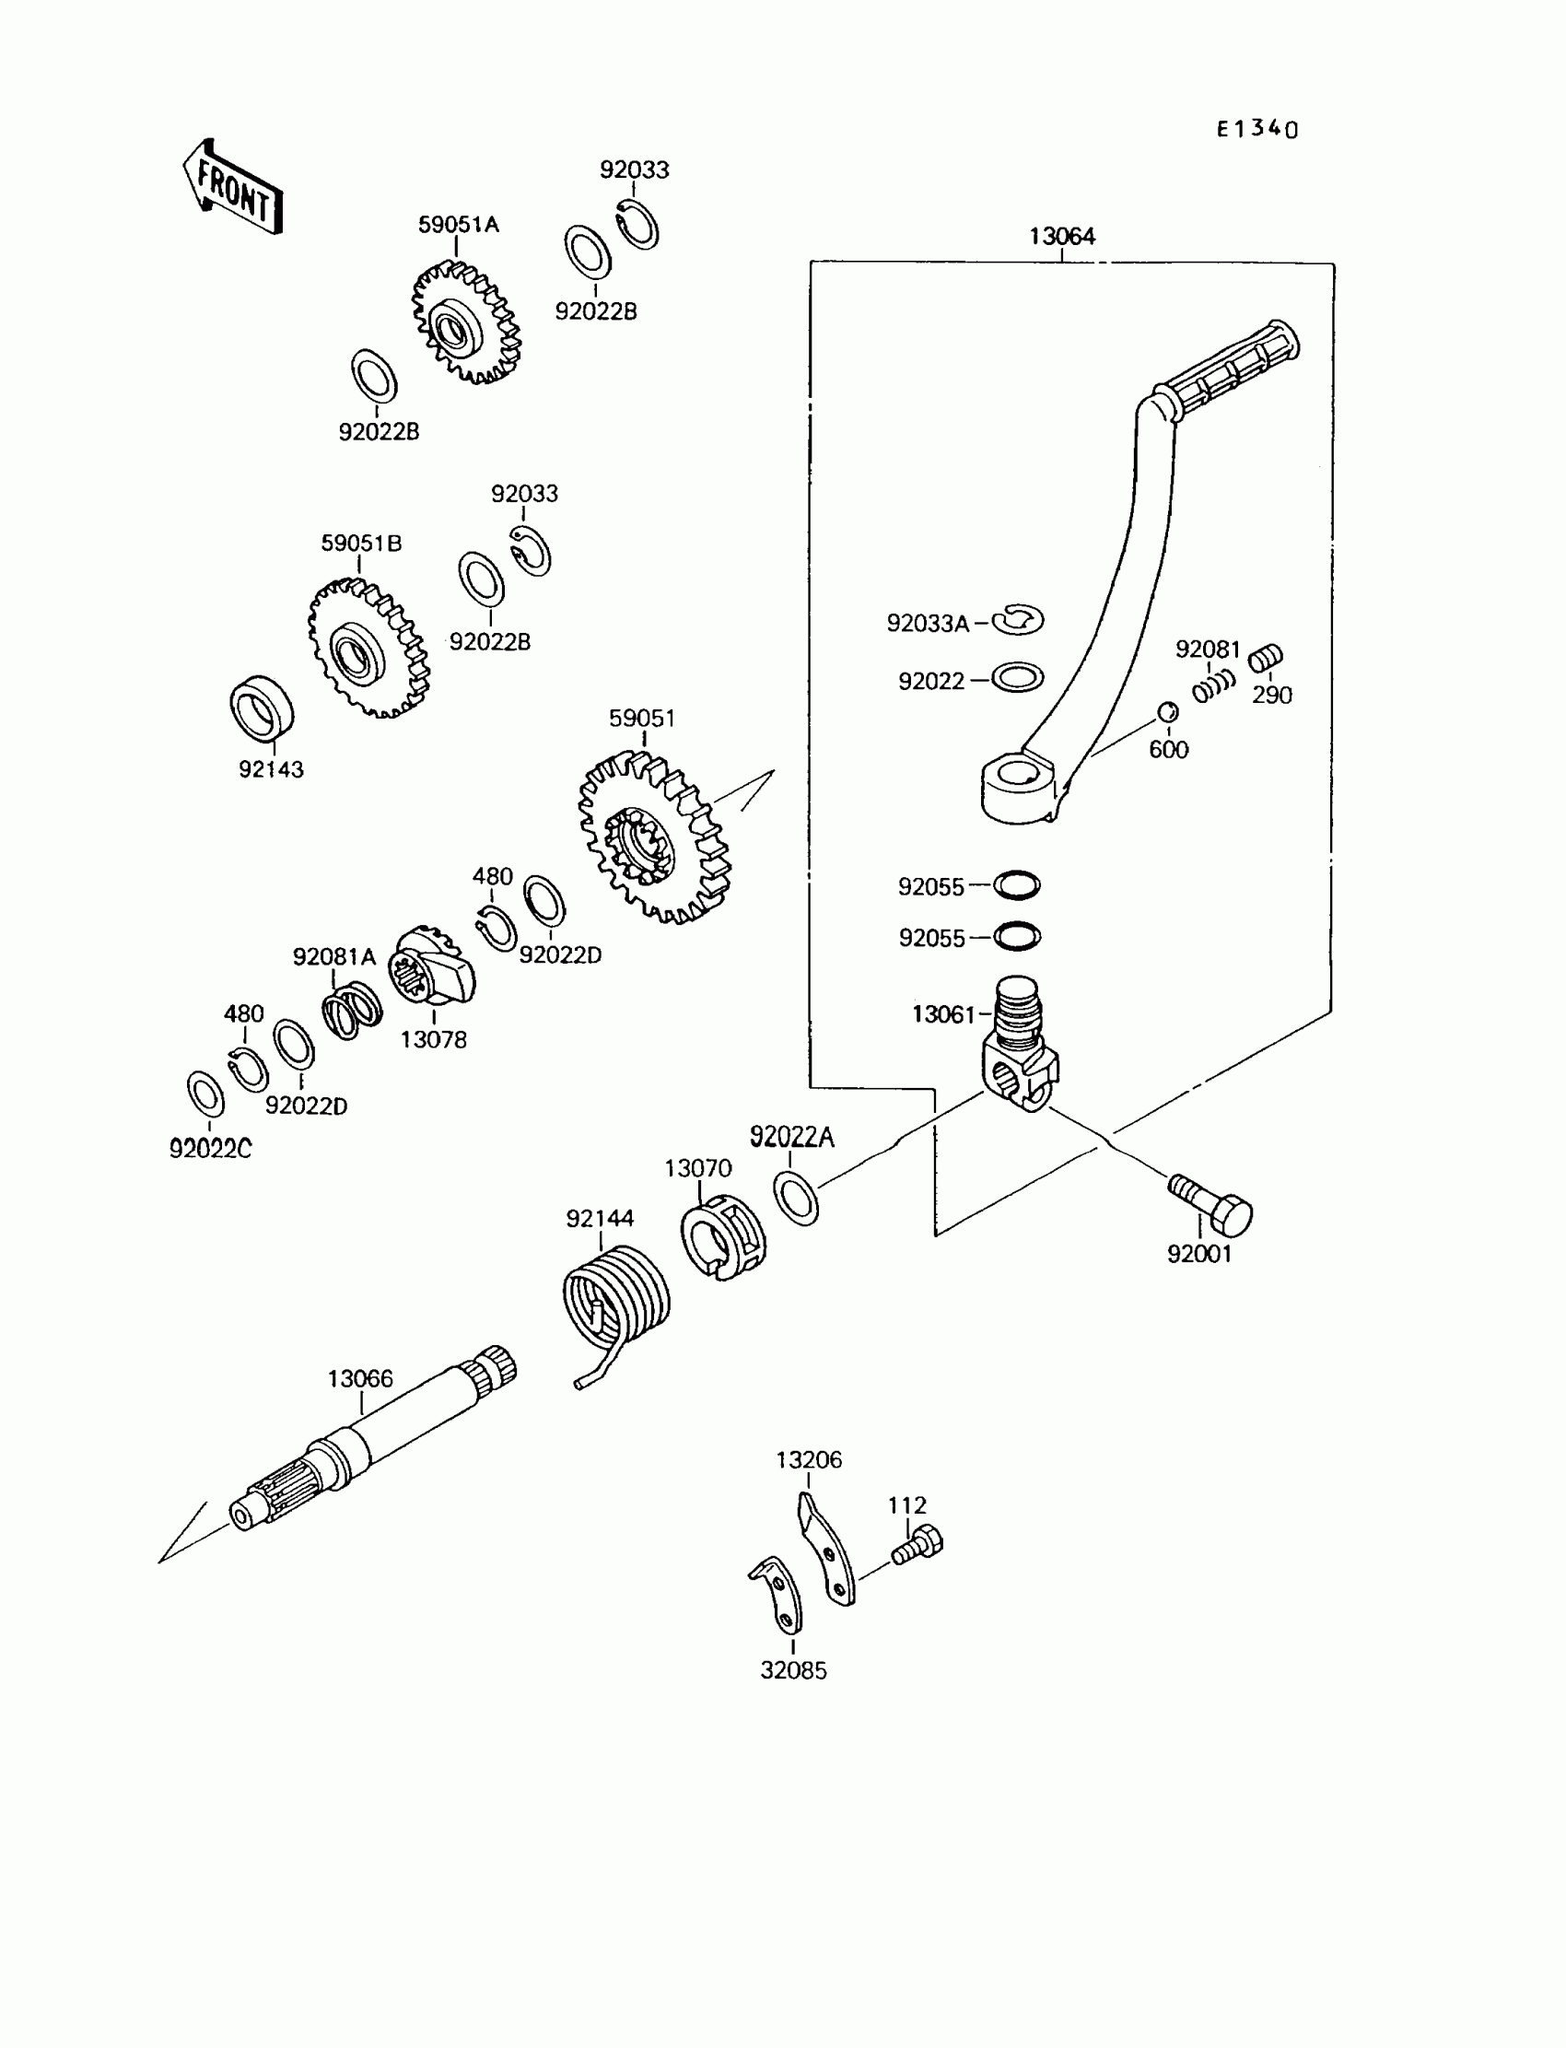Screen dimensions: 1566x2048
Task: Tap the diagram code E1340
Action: tap(1256, 129)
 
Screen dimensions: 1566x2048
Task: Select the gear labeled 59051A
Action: tap(465, 322)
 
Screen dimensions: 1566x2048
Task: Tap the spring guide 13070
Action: tap(723, 1237)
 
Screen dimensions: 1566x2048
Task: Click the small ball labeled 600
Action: tap(1167, 712)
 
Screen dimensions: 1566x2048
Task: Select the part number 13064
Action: tap(1062, 236)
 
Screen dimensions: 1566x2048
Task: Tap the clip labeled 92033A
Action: tap(1018, 620)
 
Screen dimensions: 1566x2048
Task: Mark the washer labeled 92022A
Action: tap(796, 1199)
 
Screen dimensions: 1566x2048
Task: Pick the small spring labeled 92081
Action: tap(1214, 686)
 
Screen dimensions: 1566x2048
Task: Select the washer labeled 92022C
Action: tap(205, 1094)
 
